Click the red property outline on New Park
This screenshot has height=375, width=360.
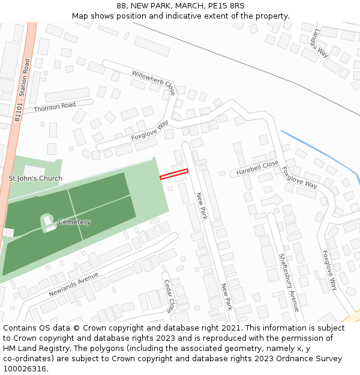point(174,175)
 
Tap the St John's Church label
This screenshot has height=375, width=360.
point(35,178)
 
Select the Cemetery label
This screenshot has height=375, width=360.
point(74,222)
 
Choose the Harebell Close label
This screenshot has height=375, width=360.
point(257,167)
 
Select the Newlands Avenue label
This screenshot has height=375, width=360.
point(74,285)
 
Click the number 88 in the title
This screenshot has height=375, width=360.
point(122,6)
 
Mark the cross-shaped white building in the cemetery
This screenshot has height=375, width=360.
point(48,222)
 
